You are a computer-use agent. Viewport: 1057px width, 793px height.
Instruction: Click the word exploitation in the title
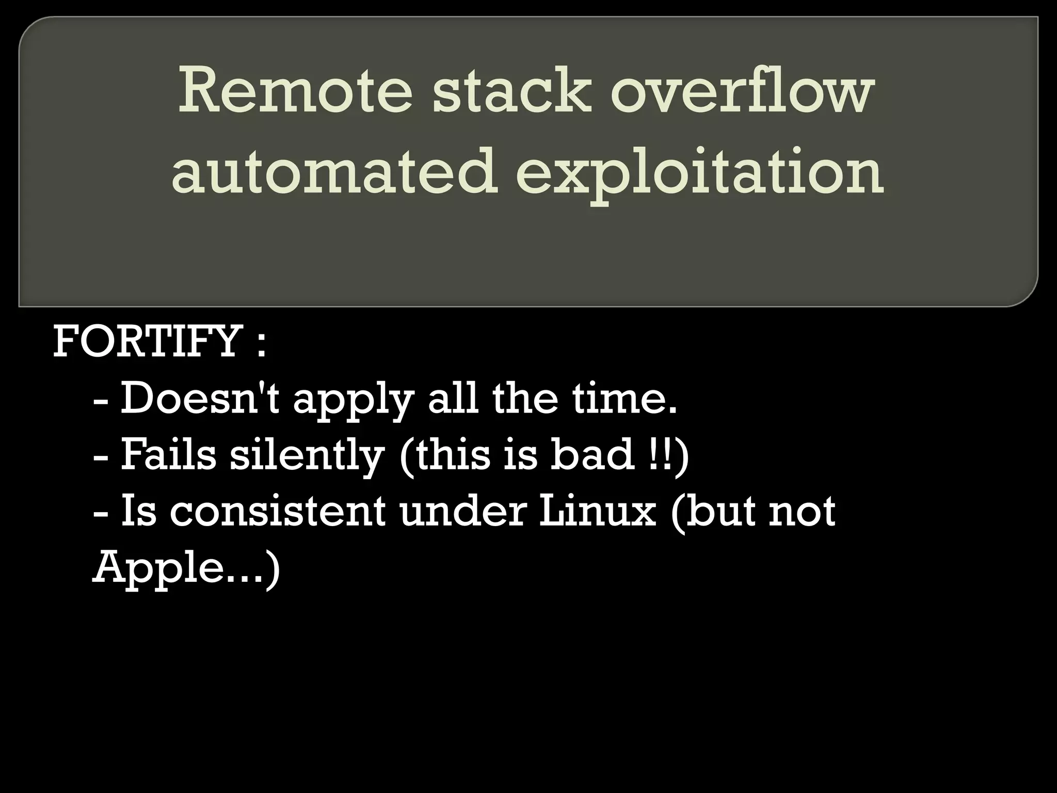pyautogui.click(x=699, y=176)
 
